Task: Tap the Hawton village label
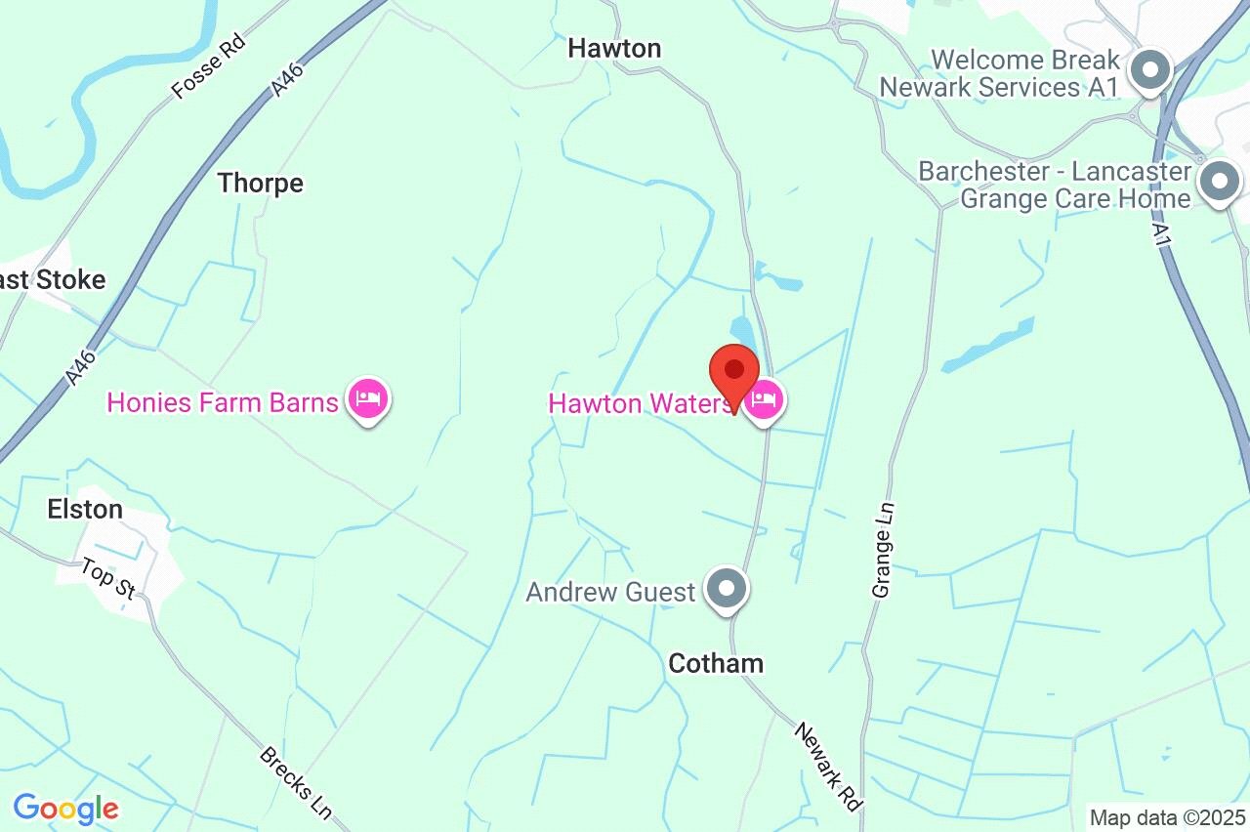click(614, 48)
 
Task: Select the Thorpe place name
click(260, 183)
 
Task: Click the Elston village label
click(85, 509)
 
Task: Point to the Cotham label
click(716, 663)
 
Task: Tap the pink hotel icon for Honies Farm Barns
click(368, 400)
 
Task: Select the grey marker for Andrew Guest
click(727, 591)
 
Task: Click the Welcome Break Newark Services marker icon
click(1150, 71)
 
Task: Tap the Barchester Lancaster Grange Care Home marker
click(1219, 183)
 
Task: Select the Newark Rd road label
click(827, 766)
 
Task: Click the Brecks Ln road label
click(296, 782)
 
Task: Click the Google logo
click(65, 808)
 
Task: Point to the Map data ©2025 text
click(1167, 817)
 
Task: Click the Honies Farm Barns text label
click(223, 401)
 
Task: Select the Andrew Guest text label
click(611, 592)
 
